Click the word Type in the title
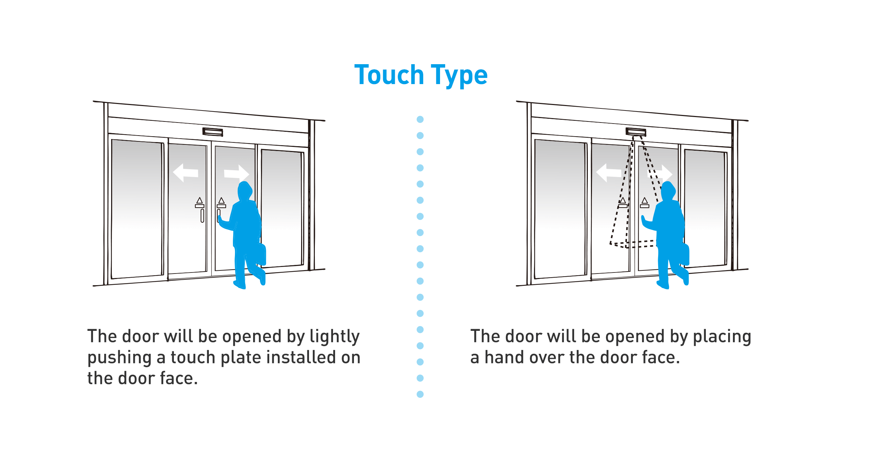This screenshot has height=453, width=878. (459, 76)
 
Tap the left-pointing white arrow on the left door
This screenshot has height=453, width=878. (186, 173)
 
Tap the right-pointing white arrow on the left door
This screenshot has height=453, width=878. (236, 174)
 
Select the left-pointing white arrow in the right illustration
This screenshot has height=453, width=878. (609, 173)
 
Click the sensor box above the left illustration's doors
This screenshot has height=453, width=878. (213, 132)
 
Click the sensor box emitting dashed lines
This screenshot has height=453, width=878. (636, 132)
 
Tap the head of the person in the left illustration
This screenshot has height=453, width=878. (245, 191)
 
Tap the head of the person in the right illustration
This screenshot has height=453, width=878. (668, 191)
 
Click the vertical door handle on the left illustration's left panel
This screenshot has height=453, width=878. (202, 216)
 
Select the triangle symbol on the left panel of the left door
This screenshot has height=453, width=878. (200, 200)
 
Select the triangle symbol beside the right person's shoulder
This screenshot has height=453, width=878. (645, 200)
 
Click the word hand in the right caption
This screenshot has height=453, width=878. (504, 357)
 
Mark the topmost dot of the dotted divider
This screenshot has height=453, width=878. (420, 119)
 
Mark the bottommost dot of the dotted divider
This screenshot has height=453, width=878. (420, 394)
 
